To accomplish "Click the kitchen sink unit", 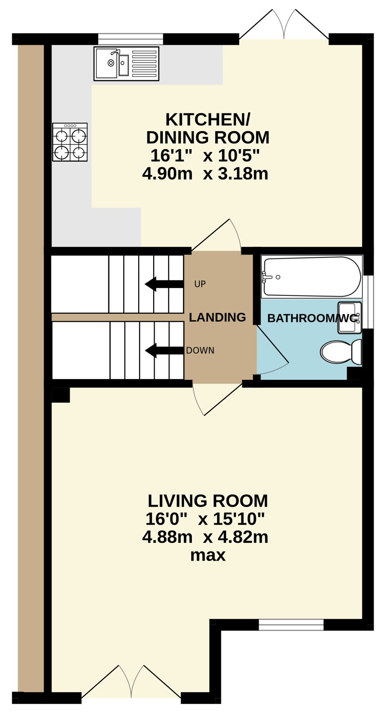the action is click(127, 63).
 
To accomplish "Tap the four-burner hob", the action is click(70, 142).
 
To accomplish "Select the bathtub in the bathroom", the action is click(312, 277).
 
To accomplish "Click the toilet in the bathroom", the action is click(341, 352).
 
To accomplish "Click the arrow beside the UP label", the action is click(164, 284).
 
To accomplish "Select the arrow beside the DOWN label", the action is click(164, 350).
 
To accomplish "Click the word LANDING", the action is click(218, 317).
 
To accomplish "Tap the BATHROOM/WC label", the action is click(312, 318).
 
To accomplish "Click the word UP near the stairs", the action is click(200, 284).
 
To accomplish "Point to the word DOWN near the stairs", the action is click(200, 350).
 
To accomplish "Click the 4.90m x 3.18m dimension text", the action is click(205, 174).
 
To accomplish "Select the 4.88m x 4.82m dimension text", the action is click(205, 537).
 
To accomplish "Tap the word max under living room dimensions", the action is click(208, 555).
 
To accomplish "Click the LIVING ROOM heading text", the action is click(208, 501).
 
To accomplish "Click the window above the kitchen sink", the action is click(131, 39).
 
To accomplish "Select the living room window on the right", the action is click(291, 625).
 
